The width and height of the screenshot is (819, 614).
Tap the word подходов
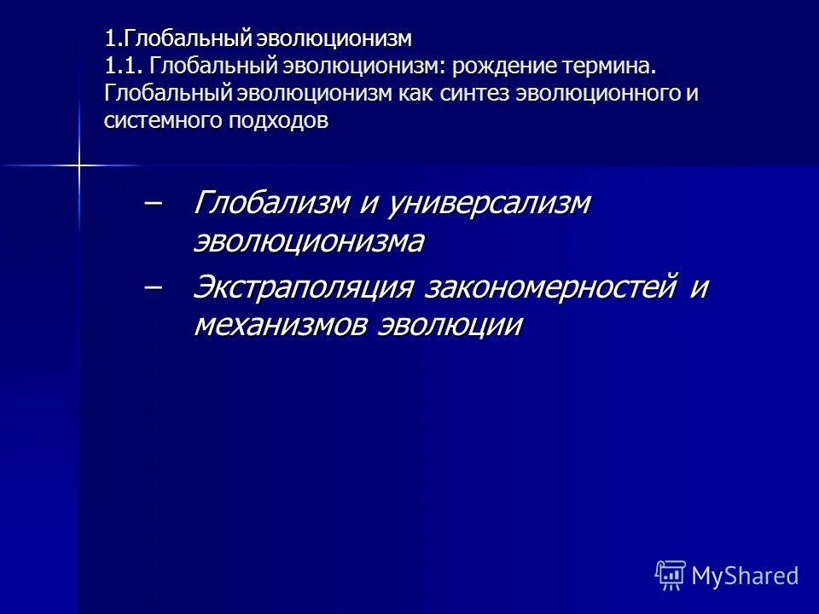[277, 120]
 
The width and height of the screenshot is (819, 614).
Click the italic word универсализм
[489, 203]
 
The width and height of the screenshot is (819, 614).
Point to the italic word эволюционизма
[309, 242]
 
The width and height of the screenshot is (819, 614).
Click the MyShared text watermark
[746, 576]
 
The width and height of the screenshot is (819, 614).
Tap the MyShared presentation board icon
[671, 576]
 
